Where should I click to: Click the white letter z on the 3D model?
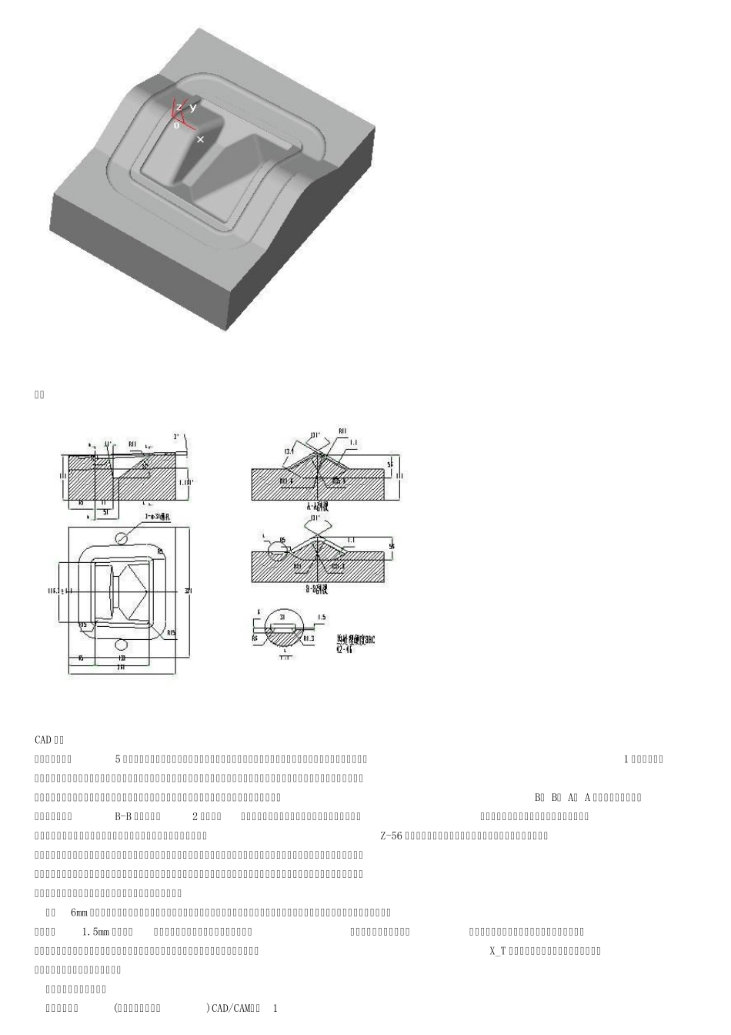pos(179,108)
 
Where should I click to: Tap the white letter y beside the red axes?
pos(193,107)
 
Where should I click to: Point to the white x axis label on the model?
pos(200,139)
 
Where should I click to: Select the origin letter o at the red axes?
pos(176,125)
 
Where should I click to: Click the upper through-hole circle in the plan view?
pos(122,537)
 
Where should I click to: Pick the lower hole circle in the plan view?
pos(122,644)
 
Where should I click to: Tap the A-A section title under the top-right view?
pos(317,506)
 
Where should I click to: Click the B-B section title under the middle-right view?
pos(317,589)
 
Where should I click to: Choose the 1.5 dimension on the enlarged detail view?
pos(322,618)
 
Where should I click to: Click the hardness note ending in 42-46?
pos(355,645)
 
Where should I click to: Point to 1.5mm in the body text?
pos(96,932)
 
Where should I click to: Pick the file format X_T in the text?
pos(497,951)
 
